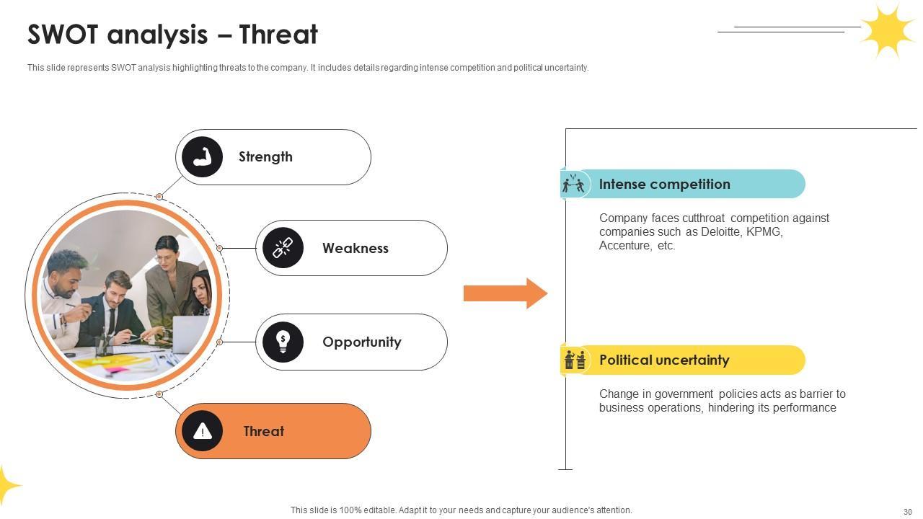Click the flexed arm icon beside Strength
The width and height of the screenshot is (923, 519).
[202, 157]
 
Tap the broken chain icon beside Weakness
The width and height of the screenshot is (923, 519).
[283, 248]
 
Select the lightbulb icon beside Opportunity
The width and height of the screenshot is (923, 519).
[283, 342]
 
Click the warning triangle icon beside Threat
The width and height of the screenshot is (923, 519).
[202, 431]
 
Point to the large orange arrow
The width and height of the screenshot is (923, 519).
[505, 293]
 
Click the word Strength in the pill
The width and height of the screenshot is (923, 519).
[265, 157]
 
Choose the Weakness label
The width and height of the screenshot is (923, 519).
[355, 248]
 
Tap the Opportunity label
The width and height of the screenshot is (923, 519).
[361, 342]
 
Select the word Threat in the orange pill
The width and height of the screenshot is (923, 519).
[263, 431]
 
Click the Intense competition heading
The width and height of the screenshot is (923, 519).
[664, 184]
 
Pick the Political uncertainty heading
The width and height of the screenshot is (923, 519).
[664, 360]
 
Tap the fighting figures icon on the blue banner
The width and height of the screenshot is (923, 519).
[573, 184]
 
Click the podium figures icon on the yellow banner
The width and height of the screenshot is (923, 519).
[575, 360]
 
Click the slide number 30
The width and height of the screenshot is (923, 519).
[907, 511]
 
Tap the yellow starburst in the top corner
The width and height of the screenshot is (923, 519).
[888, 30]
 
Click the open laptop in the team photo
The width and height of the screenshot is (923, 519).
[189, 333]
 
